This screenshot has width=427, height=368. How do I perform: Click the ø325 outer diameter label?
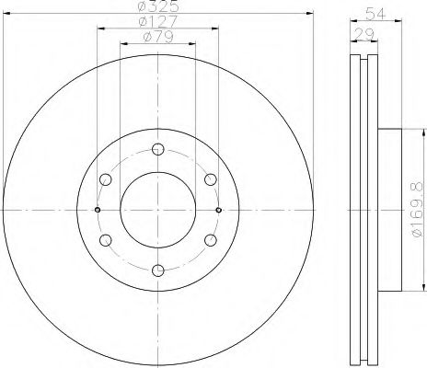click(157, 7)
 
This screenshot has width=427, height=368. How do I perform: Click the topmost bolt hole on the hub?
click(157, 148)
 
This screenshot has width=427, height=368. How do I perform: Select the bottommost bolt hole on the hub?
click(157, 270)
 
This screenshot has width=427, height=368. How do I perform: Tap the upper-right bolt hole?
click(210, 178)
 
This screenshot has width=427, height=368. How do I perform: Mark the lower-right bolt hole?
click(210, 240)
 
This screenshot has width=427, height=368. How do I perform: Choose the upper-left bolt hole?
click(105, 178)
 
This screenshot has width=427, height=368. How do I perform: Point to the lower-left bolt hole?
click(105, 240)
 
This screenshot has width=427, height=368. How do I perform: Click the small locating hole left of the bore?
click(97, 210)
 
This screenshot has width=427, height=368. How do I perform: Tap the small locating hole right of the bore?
click(218, 210)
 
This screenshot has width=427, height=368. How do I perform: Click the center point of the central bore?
click(157, 210)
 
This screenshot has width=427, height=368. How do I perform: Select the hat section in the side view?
click(390, 210)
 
